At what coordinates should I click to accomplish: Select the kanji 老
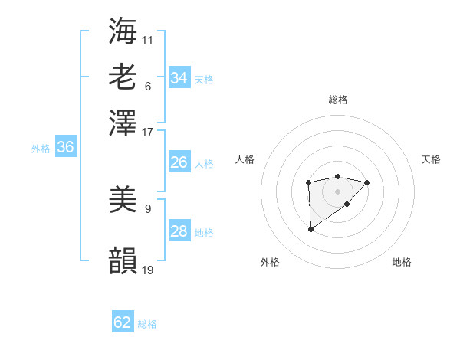(x=123, y=77)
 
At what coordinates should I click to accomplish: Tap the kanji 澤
(x=123, y=123)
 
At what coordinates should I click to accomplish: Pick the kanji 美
(x=123, y=201)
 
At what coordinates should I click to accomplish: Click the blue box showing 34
(x=179, y=78)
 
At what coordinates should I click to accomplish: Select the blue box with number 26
(x=179, y=162)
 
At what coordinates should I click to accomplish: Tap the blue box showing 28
(x=179, y=231)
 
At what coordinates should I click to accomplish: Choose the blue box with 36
(x=65, y=148)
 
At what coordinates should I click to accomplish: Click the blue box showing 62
(x=123, y=322)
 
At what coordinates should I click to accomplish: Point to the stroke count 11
(x=148, y=40)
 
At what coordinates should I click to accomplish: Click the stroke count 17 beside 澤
(x=148, y=132)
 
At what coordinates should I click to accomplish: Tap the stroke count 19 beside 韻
(x=148, y=270)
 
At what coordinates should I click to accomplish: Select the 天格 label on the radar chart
(x=431, y=159)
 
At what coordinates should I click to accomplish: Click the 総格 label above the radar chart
(x=337, y=100)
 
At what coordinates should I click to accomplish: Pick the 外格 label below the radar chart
(x=270, y=263)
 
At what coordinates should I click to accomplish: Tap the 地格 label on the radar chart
(x=402, y=263)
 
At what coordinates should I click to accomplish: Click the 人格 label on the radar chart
(x=245, y=159)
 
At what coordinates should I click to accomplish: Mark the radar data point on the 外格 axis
(x=310, y=229)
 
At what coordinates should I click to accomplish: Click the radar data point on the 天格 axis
(x=367, y=182)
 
